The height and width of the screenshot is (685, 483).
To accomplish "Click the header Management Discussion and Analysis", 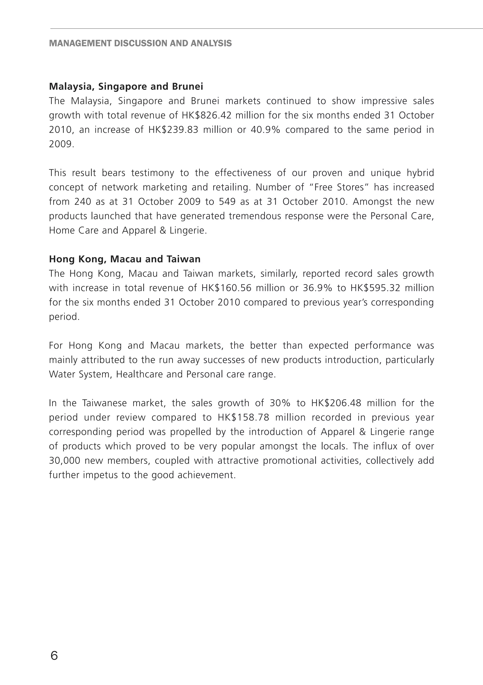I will tap(140, 43).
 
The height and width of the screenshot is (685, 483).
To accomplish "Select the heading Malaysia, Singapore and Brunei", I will tap(126, 87).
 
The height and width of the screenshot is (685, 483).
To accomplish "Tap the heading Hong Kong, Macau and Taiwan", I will tap(125, 259).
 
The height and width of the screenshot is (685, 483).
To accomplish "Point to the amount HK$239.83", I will tap(173, 130).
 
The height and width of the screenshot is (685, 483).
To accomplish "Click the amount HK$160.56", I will tap(226, 288).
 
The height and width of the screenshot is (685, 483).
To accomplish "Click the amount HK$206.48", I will tap(336, 403).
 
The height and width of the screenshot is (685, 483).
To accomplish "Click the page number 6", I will tap(54, 656).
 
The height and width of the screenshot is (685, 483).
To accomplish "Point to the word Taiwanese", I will tap(104, 403).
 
